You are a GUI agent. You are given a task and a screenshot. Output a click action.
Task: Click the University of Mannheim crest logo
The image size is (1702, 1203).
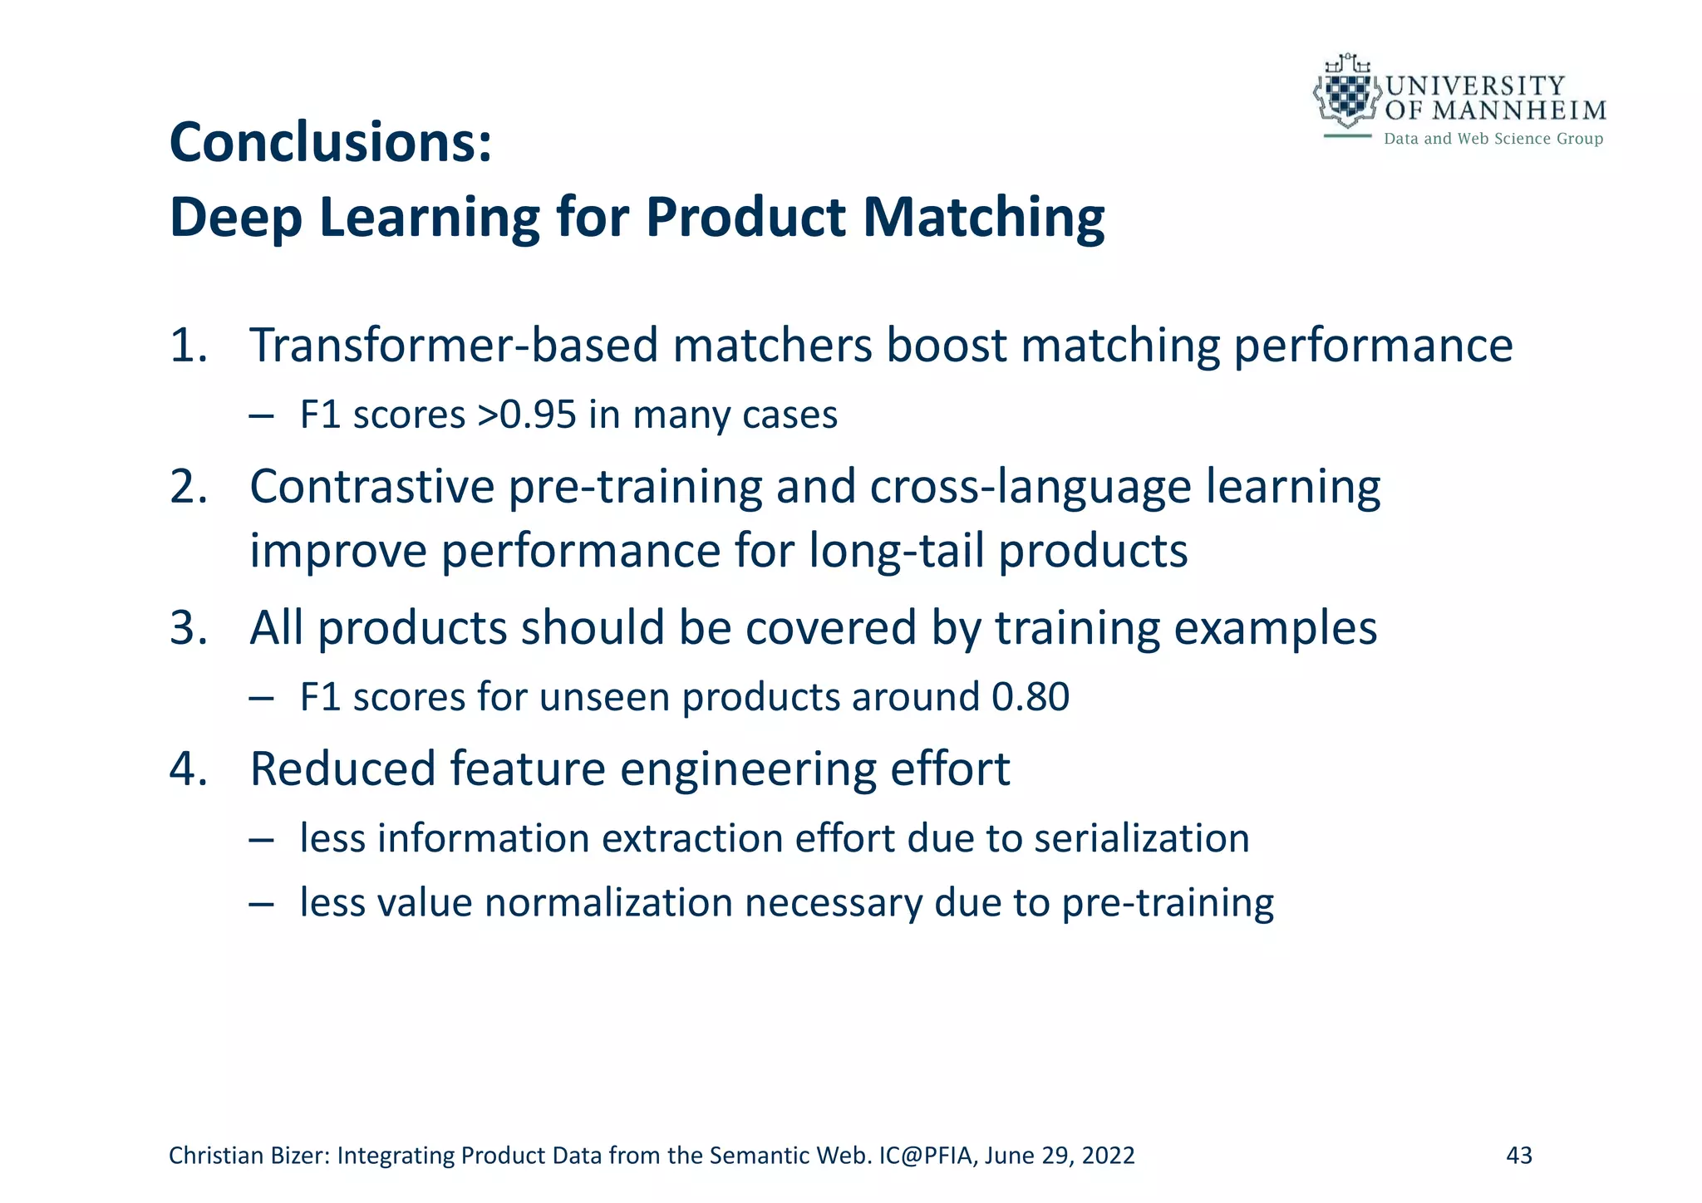pyautogui.click(x=1346, y=93)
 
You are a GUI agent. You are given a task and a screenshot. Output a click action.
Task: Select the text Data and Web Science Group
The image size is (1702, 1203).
pyautogui.click(x=1493, y=139)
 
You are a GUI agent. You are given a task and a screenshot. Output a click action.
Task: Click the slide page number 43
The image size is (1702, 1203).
pyautogui.click(x=1519, y=1156)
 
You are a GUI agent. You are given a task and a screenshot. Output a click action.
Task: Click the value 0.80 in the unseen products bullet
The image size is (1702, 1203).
pyautogui.click(x=1030, y=696)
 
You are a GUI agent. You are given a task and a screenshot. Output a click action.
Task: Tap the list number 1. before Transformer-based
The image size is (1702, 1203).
pyautogui.click(x=188, y=345)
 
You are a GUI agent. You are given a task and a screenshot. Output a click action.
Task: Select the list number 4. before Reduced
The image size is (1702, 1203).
pyautogui.click(x=188, y=768)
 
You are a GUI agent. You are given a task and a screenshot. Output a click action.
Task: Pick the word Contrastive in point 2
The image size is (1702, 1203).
pyautogui.click(x=371, y=486)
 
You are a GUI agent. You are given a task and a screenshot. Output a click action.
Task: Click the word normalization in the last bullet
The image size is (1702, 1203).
pyautogui.click(x=608, y=902)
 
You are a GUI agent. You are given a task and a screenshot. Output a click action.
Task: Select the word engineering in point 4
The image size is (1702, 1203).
pyautogui.click(x=747, y=768)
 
